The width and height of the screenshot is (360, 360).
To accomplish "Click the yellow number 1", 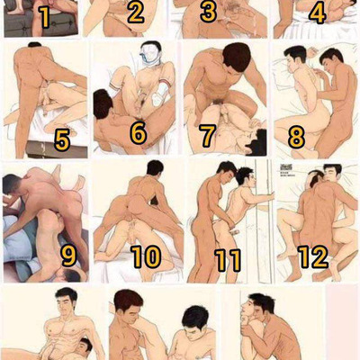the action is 44,17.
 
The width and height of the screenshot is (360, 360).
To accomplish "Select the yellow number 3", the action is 208,12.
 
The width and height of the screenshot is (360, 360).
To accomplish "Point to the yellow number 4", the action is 317,13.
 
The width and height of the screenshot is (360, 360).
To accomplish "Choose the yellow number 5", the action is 62,139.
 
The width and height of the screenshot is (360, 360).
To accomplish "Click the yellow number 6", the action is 139,133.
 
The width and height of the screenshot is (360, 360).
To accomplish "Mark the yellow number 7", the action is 208,136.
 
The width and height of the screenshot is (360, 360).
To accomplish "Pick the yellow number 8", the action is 296,139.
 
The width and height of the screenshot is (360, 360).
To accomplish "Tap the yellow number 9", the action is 68,256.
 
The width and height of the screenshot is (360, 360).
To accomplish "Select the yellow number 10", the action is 146,256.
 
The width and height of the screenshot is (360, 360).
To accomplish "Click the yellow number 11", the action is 228,260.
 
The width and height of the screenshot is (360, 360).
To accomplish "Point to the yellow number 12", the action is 313,256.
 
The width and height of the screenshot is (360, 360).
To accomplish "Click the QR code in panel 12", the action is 286,167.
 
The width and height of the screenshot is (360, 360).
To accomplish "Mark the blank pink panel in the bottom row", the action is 343,322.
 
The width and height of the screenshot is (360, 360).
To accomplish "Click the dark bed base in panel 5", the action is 57,149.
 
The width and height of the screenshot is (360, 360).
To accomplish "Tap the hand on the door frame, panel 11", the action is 269,196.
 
